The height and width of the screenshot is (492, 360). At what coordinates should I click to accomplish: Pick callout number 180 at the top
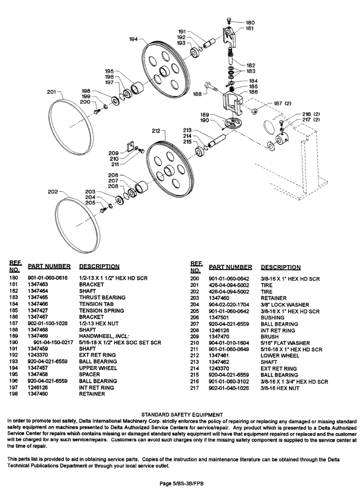point(250,23)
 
